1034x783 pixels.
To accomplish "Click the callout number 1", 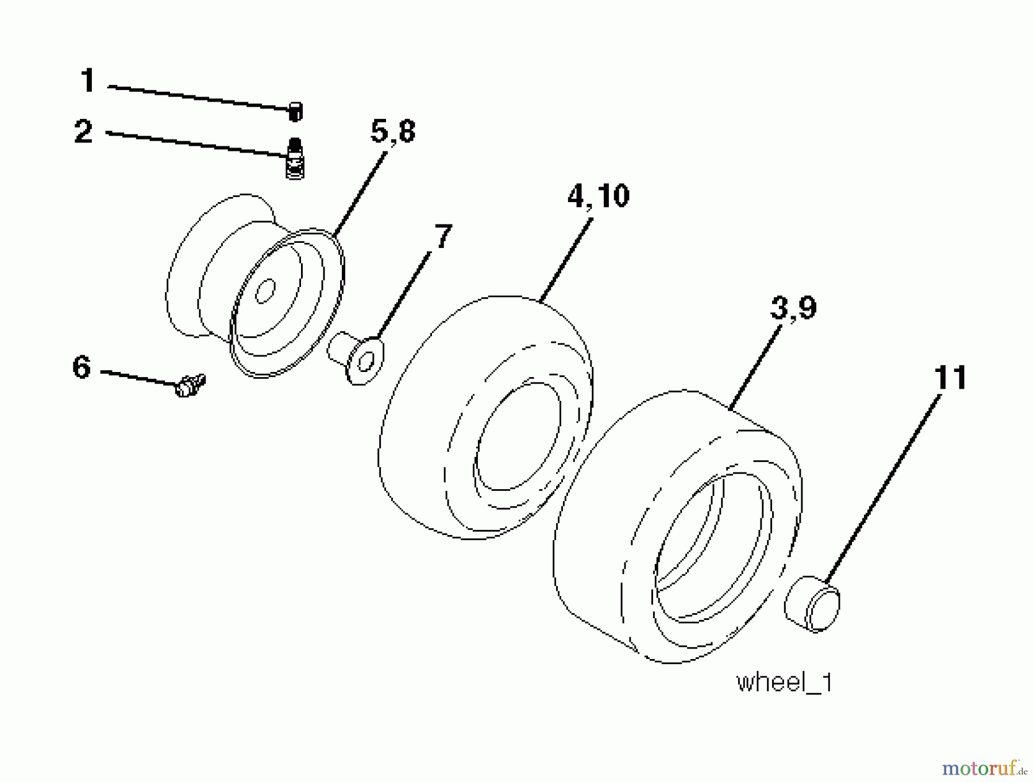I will pos(87,80).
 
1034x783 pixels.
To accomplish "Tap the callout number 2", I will pos(84,132).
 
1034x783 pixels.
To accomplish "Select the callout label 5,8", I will pos(393,131).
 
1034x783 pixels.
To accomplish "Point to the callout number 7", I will pos(442,237).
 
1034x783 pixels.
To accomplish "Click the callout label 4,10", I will pos(598,196).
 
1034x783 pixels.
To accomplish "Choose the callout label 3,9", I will pos(793,308).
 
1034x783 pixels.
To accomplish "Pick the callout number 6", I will pos(82,367).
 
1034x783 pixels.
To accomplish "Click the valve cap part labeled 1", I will pos(295,111).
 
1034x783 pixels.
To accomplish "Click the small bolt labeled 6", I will pos(190,385).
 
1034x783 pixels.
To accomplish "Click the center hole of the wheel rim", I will pos(265,292).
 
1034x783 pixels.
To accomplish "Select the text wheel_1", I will pos(784,683).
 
